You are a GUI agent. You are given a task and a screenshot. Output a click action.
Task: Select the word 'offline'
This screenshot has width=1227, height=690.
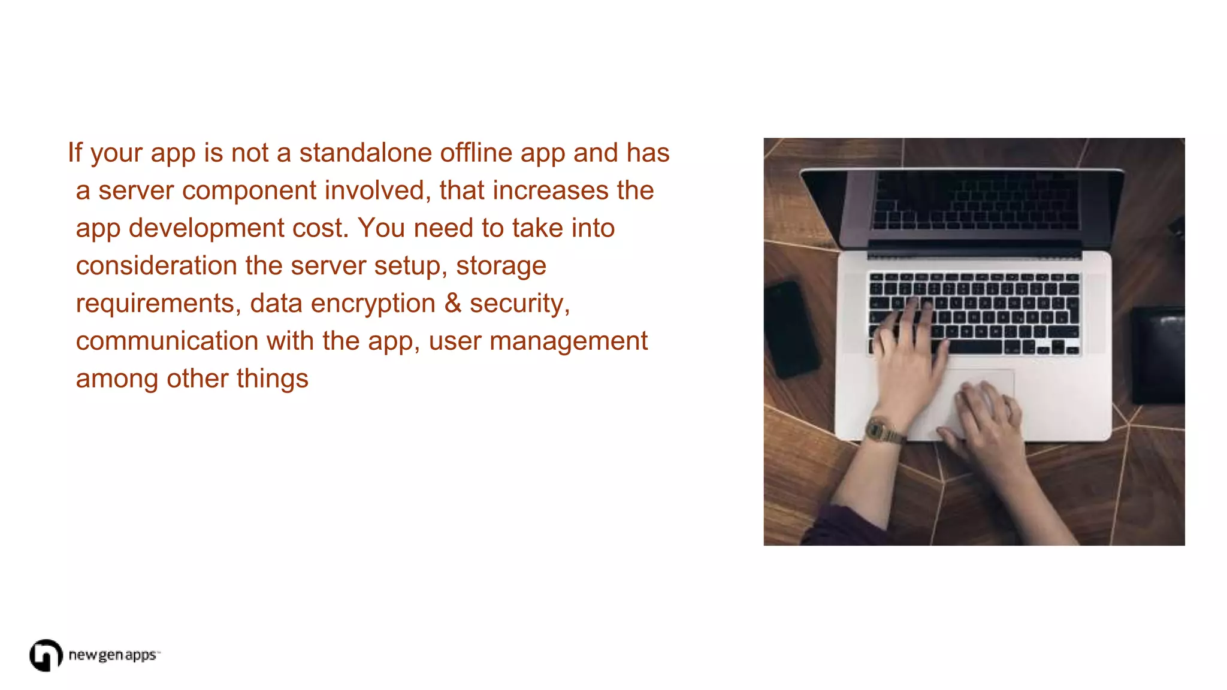tap(476, 153)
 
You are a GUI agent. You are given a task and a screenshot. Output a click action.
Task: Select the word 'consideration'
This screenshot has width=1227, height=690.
tap(156, 266)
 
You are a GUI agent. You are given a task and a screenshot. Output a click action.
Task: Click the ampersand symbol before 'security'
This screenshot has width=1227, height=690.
tap(453, 303)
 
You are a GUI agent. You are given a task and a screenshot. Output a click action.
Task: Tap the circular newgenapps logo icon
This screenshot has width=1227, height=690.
tap(46, 655)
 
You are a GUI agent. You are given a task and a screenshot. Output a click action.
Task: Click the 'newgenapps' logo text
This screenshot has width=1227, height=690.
tap(113, 655)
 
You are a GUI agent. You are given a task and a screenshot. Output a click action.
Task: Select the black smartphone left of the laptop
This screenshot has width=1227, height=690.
tap(791, 329)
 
